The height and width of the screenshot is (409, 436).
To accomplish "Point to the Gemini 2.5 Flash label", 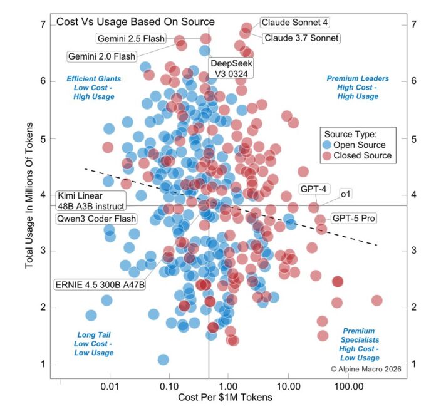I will coord(131,39).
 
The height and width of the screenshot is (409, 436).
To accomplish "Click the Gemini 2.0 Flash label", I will coord(101,56).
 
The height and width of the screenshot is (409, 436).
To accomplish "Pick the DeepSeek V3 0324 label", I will coord(229,68).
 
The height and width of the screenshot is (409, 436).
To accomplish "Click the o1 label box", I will coord(345,194).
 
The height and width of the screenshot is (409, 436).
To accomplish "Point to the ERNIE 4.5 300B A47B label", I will coord(100,284).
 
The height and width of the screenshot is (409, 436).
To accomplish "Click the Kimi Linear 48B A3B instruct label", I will coord(90,201).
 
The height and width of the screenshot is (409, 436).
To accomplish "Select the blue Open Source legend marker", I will coord(326,145).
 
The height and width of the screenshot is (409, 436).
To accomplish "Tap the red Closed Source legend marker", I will coord(326,155).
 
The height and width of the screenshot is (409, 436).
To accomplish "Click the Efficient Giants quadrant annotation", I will coord(94,88).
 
